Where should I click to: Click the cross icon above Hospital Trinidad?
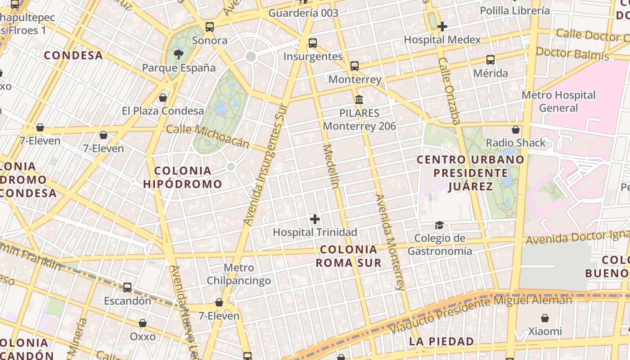(x=315, y=219)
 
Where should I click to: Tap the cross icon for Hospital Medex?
(x=442, y=27)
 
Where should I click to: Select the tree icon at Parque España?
(x=179, y=55)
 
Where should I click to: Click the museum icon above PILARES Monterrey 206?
(x=359, y=99)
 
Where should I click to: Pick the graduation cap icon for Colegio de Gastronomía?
(x=439, y=225)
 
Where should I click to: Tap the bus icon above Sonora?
(x=210, y=27)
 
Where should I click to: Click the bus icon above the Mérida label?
(x=490, y=60)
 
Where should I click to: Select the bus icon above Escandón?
(x=127, y=287)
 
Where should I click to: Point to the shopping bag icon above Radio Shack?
(x=516, y=130)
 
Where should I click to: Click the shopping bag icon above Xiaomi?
(x=545, y=318)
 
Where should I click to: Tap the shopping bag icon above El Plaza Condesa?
(x=163, y=98)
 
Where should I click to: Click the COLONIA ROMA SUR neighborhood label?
(x=349, y=256)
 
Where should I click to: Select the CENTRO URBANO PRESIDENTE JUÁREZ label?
(x=470, y=173)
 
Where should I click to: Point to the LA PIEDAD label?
(x=441, y=342)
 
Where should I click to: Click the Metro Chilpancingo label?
(x=239, y=274)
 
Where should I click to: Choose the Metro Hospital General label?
(x=558, y=101)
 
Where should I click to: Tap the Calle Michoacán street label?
(x=207, y=135)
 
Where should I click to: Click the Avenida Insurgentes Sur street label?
(x=265, y=164)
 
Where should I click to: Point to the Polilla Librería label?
(x=515, y=10)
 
